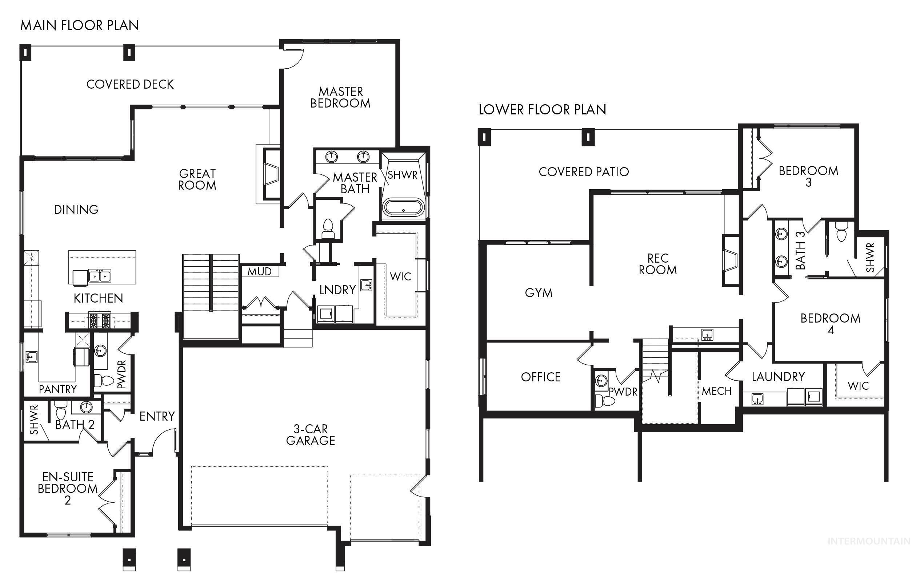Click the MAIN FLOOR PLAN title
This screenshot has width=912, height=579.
click(x=80, y=25)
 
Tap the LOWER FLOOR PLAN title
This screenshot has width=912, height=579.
click(x=542, y=110)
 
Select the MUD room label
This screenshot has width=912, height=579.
click(x=259, y=271)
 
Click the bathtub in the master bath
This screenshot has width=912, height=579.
click(x=403, y=208)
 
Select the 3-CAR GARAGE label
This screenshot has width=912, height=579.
click(x=311, y=435)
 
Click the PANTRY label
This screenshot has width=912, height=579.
click(x=57, y=389)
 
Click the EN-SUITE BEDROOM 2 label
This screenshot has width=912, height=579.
click(x=68, y=488)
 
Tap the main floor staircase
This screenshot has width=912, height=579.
click(x=211, y=295)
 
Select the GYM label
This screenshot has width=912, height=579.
click(x=539, y=292)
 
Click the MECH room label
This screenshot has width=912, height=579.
click(x=717, y=391)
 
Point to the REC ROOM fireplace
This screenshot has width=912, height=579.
click(x=731, y=260)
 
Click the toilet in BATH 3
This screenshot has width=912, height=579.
click(x=841, y=232)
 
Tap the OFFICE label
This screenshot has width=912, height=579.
click(x=540, y=377)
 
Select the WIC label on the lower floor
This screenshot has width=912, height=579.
click(x=858, y=386)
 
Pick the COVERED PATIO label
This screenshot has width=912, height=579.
click(x=584, y=172)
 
